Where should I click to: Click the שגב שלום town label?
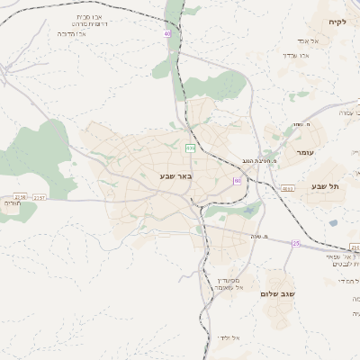283,294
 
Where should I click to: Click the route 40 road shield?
167,34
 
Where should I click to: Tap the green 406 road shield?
190,147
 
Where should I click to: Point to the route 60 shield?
237,180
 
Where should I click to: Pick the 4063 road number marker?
287,188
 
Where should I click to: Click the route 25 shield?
296,243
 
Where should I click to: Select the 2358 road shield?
21,196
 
